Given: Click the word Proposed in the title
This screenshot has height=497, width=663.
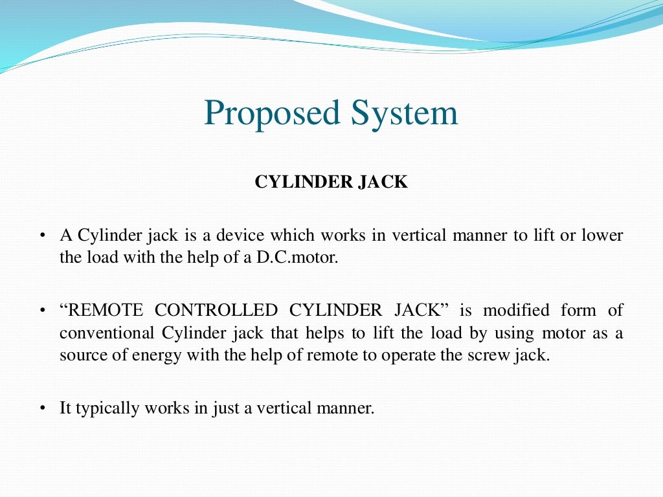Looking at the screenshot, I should [273, 114].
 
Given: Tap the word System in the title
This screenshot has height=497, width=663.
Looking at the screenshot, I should [405, 114].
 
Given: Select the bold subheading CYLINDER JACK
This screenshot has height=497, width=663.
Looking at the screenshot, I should [331, 182].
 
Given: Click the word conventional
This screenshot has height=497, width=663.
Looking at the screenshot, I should [107, 333].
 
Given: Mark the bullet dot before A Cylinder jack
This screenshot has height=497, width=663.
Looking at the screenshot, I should [41, 236].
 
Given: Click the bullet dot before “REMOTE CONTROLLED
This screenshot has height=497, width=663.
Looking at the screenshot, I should [41, 311].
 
